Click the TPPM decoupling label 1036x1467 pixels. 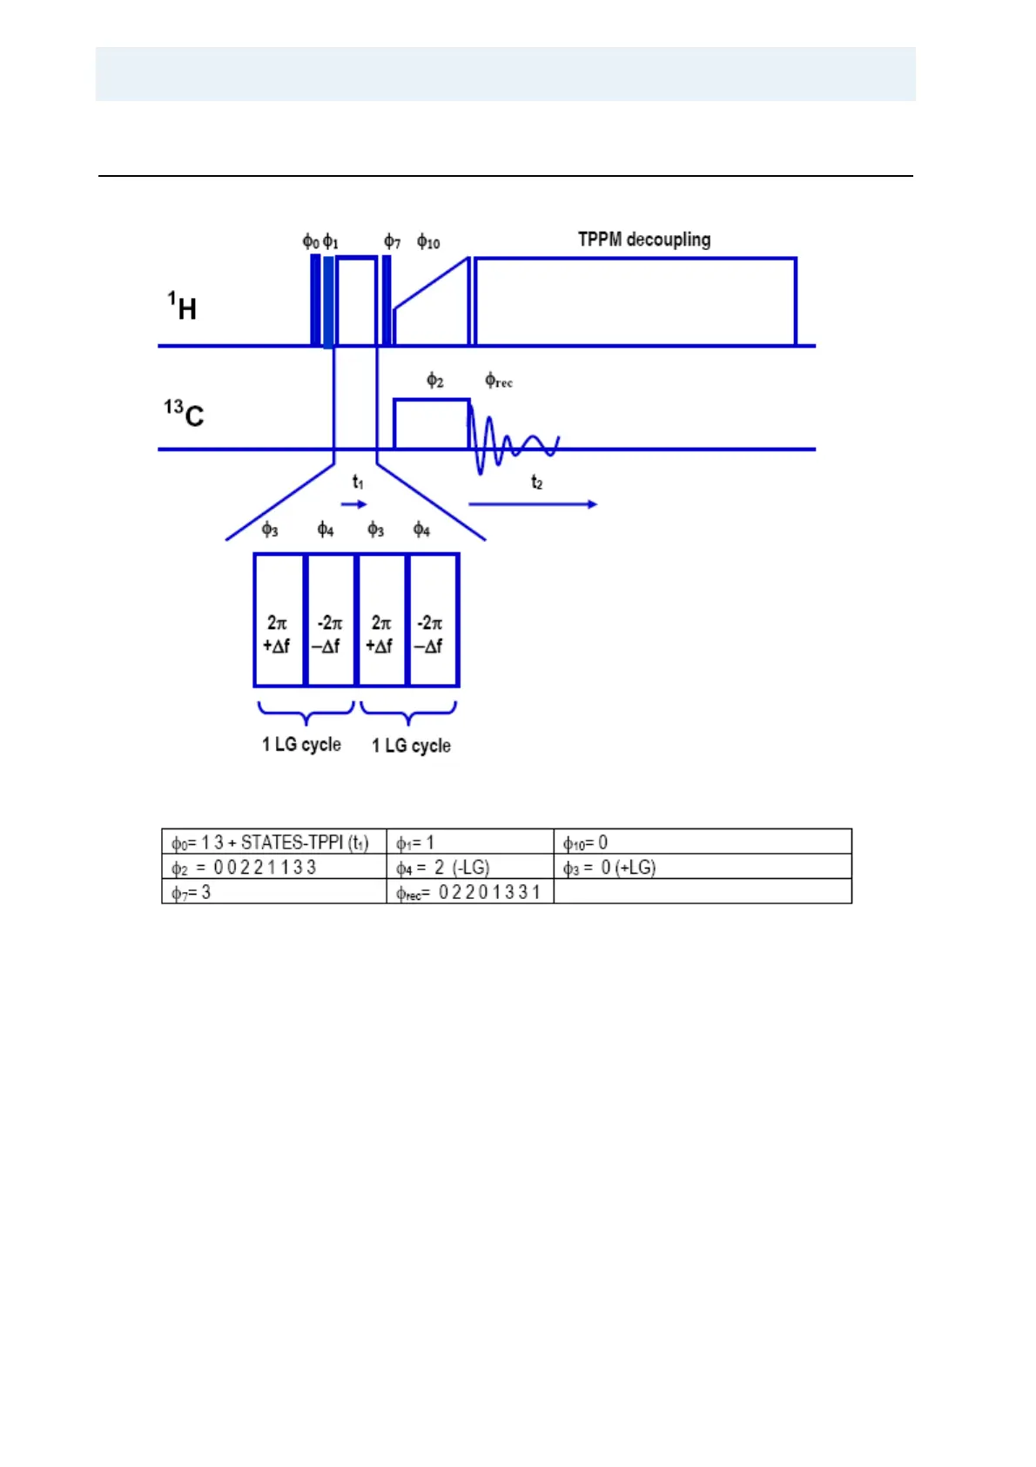click(x=644, y=240)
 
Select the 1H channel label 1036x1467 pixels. click(x=183, y=307)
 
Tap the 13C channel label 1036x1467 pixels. click(x=184, y=413)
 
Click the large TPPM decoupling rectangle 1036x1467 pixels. click(x=635, y=301)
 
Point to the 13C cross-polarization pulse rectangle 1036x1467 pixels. click(x=431, y=424)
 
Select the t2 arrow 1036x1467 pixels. click(x=532, y=504)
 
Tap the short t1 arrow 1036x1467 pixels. click(x=353, y=504)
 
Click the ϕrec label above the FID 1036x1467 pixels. click(x=499, y=381)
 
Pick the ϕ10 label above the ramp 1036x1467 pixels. click(x=428, y=241)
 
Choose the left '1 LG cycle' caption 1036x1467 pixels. click(x=301, y=745)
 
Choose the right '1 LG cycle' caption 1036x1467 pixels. click(x=411, y=746)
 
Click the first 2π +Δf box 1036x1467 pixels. click(x=279, y=620)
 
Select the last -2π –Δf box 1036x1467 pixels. click(x=433, y=620)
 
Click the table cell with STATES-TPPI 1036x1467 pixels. click(x=273, y=842)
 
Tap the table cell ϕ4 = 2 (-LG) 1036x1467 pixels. click(x=469, y=868)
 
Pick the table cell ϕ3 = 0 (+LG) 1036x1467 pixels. click(x=702, y=868)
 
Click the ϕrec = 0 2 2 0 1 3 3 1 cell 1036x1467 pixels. click(x=469, y=892)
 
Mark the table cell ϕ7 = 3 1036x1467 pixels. click(x=273, y=892)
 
